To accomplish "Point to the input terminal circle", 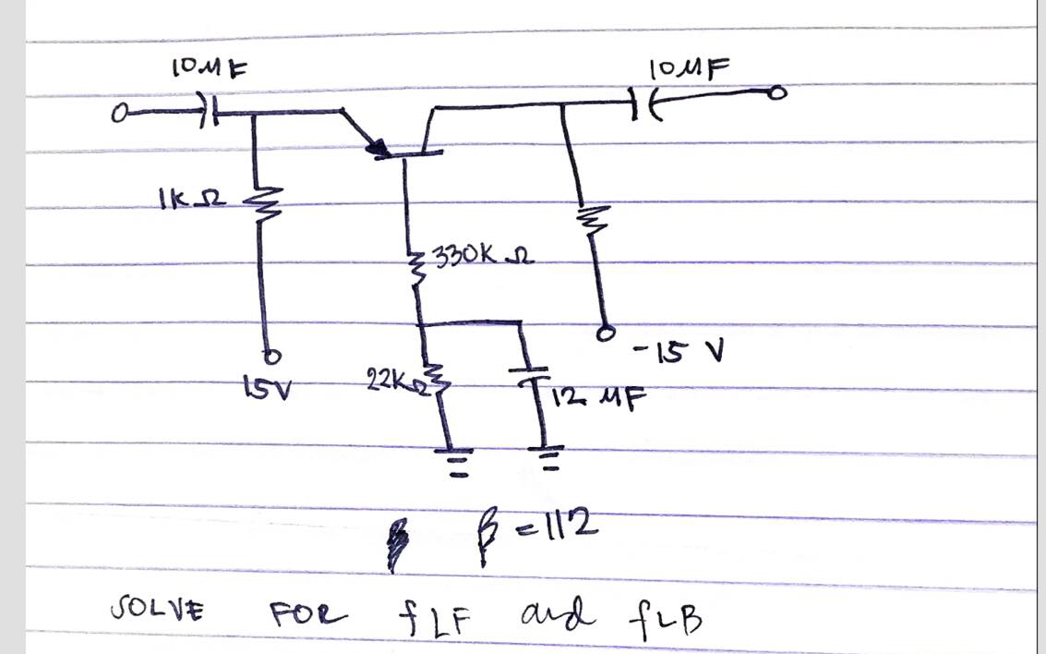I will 118,115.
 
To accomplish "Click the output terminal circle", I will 779,93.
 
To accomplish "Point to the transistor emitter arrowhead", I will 376,149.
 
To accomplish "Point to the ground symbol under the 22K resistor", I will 453,459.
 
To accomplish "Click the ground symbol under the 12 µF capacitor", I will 548,456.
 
